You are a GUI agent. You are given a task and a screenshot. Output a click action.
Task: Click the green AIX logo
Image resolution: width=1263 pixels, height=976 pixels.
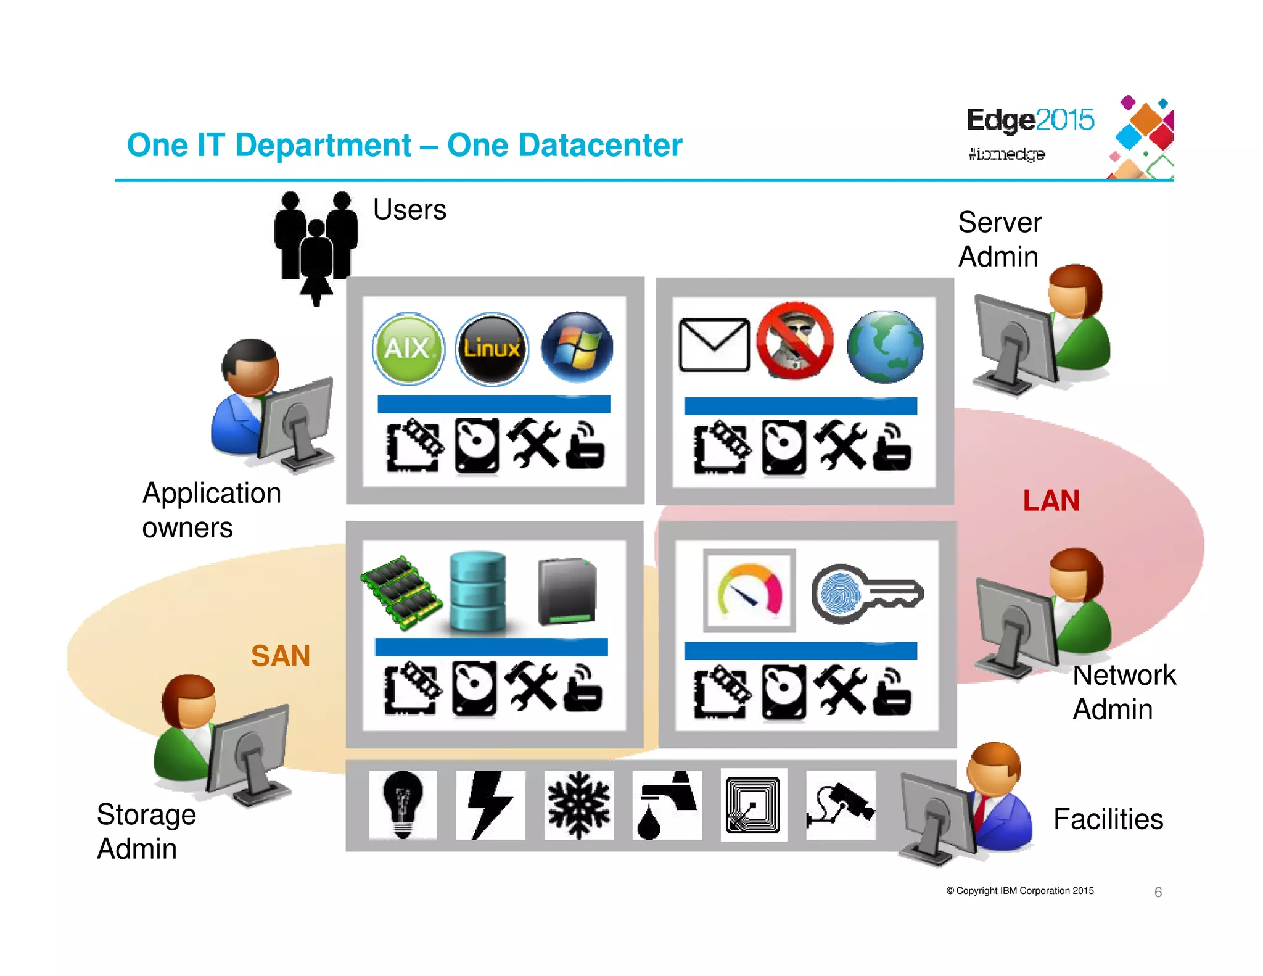coord(408,349)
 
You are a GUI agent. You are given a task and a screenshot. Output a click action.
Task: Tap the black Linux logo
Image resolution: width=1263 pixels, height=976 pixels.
coord(492,349)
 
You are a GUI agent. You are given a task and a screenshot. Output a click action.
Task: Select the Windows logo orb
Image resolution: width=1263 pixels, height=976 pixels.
coord(577,347)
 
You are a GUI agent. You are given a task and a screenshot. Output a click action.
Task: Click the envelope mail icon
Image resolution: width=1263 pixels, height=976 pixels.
coord(714,345)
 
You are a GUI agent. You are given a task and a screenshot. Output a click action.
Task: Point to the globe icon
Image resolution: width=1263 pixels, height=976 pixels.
coord(885,347)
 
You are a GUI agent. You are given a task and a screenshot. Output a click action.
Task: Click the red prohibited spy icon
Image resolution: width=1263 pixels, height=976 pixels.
coord(795,341)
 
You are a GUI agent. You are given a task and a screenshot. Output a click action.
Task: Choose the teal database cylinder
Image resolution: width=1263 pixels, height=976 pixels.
coord(477,592)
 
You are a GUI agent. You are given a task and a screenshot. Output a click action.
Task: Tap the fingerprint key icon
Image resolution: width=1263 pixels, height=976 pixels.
coord(866,593)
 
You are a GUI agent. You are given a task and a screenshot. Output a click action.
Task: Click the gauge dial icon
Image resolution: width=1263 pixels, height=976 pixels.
coord(749,591)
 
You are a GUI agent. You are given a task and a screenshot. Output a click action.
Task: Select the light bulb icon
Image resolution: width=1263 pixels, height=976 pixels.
coord(403,804)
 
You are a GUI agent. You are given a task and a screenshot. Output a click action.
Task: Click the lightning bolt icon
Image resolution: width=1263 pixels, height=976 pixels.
coord(490,804)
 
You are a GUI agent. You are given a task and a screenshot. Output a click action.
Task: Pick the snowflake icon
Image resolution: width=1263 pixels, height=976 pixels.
coord(578,804)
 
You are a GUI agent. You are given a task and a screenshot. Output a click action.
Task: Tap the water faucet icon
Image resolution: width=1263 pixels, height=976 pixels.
coord(667,804)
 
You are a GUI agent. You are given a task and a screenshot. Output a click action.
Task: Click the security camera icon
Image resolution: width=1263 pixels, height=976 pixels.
coord(841,804)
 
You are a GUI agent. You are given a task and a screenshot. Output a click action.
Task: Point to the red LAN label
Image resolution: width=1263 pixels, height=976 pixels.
coord(1051,500)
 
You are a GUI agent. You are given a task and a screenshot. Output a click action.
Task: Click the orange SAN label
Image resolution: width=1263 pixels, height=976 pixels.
coord(280,655)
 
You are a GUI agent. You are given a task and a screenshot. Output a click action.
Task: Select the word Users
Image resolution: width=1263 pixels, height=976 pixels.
coord(409,210)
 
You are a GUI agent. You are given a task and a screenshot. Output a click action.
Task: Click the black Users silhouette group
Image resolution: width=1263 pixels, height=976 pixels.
coord(316,244)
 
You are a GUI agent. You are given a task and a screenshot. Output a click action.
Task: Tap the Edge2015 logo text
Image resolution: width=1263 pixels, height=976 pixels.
coord(1029,120)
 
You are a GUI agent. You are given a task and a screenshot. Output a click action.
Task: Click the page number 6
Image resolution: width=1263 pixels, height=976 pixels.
coord(1158,892)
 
